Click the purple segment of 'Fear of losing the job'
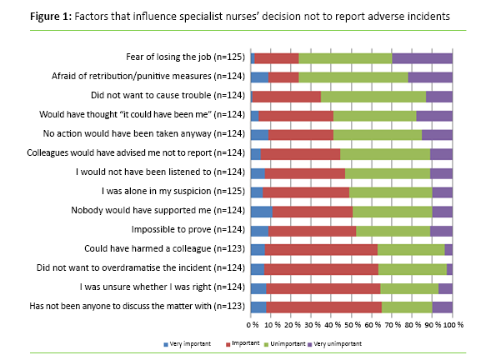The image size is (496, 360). pos(422,57)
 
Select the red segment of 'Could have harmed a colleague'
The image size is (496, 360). pos(321,249)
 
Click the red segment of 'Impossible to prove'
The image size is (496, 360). pos(312,230)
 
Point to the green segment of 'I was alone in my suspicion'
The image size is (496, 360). pos(390,192)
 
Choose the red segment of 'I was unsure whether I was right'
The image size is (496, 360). pos(323,287)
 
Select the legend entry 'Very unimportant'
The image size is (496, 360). pos(330,342)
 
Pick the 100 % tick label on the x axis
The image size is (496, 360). pos(451,324)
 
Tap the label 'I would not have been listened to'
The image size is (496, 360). pos(174,172)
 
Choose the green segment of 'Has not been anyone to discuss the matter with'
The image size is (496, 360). pos(407,307)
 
